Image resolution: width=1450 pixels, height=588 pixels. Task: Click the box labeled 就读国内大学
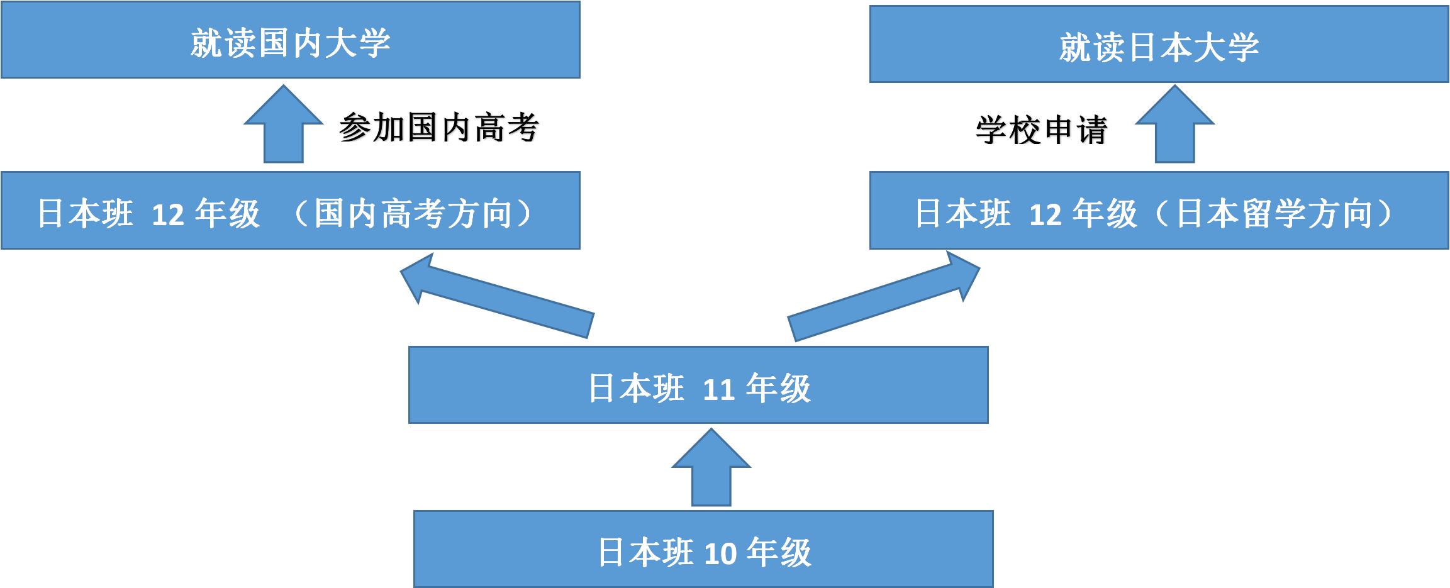(x=290, y=40)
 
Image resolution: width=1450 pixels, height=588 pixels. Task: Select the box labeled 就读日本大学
(x=1159, y=44)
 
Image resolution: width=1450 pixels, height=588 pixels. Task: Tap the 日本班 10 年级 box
(x=703, y=549)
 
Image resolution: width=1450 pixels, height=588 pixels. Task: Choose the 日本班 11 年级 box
(x=698, y=385)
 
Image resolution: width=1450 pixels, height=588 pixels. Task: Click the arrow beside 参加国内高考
(x=284, y=126)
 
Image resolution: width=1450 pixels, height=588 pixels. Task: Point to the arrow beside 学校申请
(x=1174, y=126)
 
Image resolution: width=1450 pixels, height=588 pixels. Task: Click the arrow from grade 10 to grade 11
(x=711, y=469)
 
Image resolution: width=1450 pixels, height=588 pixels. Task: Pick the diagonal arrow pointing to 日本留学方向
(x=884, y=296)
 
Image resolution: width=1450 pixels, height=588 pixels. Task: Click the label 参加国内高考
(x=438, y=128)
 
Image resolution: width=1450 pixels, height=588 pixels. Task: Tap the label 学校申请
(x=1041, y=130)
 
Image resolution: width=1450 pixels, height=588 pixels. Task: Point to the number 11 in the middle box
(x=718, y=390)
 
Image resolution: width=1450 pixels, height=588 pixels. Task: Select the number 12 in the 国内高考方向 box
(x=168, y=215)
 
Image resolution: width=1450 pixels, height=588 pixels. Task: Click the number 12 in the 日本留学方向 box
(x=1045, y=215)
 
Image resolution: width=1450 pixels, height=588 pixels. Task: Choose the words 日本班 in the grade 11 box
(x=636, y=388)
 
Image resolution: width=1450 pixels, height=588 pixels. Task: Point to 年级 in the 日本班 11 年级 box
(x=778, y=388)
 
